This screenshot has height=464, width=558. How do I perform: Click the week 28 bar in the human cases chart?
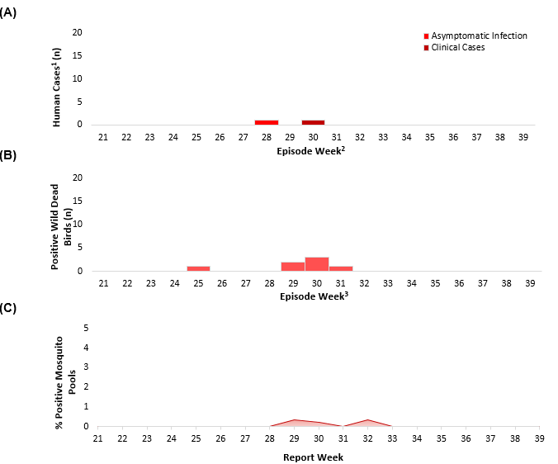pos(267,122)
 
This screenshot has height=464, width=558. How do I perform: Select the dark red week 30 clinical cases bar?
pos(314,122)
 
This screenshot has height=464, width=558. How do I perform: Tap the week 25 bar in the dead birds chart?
pos(198,268)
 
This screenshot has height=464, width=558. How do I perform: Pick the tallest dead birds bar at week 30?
pos(317,264)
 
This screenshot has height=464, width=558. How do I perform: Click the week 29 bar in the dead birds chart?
pos(293,266)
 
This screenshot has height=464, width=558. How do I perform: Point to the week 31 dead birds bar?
pos(341,268)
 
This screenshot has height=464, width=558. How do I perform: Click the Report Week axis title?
pos(313,457)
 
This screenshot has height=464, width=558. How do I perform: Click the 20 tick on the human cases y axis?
pos(78,33)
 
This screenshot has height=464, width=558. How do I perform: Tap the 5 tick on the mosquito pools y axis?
pos(86,328)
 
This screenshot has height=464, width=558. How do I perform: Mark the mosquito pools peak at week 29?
pos(296,420)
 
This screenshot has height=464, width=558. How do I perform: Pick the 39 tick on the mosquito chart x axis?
pos(539,438)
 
